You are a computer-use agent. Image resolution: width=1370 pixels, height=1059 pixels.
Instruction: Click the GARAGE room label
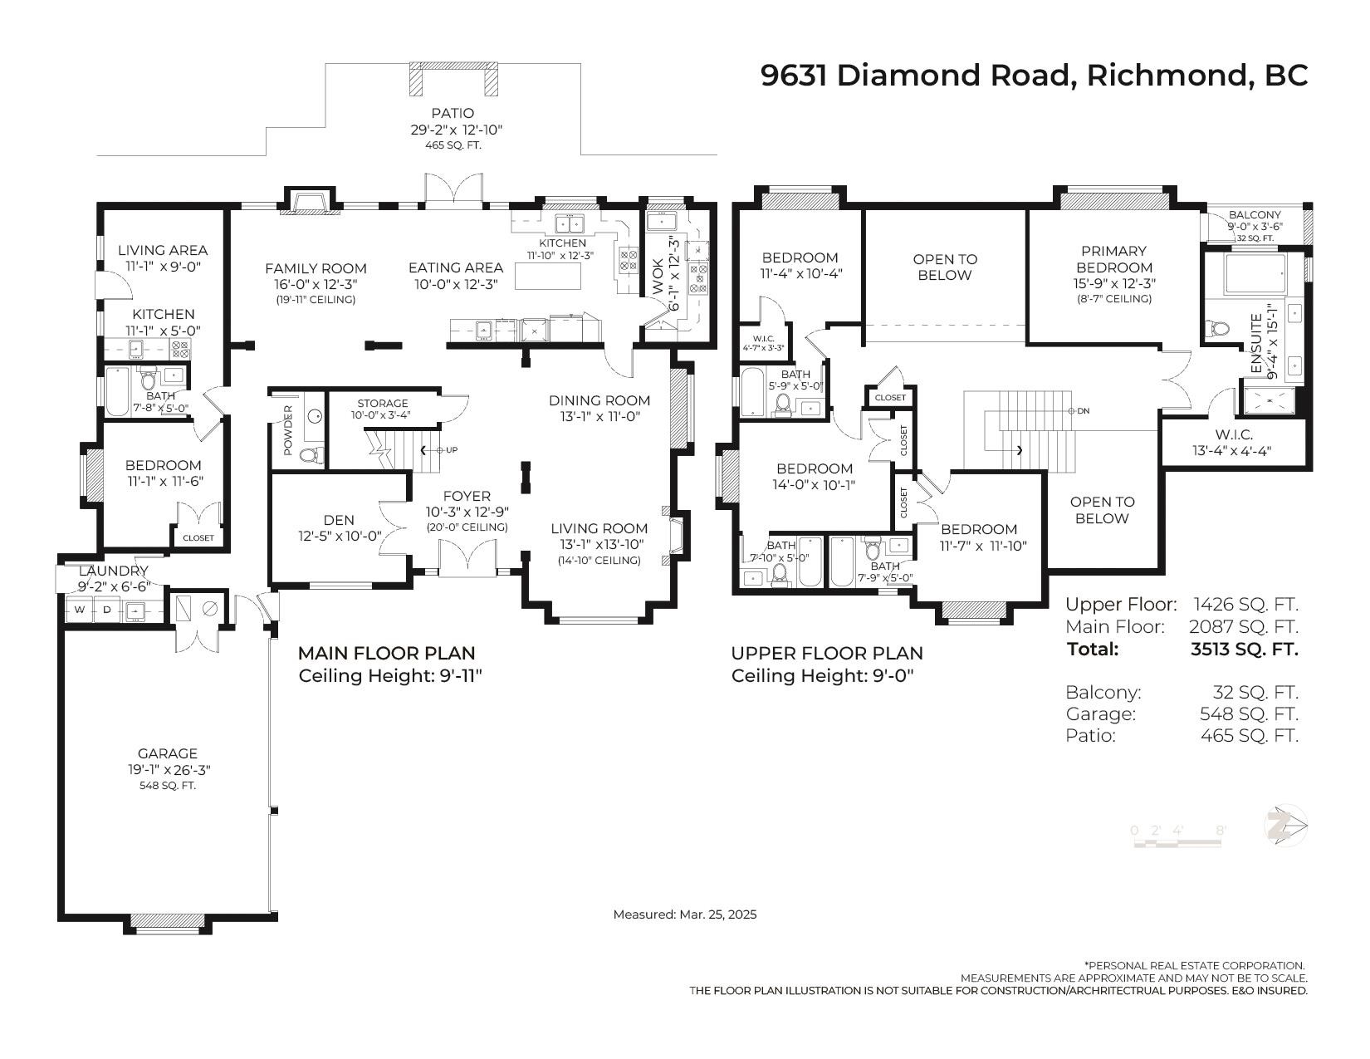[168, 753]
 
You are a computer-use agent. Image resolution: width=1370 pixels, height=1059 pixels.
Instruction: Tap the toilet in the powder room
[311, 454]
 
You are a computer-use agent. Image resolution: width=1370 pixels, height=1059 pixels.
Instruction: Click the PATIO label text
[453, 114]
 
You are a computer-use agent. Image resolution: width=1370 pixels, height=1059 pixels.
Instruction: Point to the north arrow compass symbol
[1284, 826]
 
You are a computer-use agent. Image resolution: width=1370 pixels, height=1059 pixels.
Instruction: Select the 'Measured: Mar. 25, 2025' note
[685, 914]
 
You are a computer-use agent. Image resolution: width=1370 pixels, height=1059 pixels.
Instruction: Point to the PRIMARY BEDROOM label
[1114, 259]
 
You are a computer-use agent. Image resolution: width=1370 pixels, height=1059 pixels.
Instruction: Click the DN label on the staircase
[1084, 411]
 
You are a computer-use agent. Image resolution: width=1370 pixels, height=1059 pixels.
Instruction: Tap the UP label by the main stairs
[452, 450]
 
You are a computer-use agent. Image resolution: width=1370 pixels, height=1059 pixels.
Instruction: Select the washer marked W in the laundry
[80, 610]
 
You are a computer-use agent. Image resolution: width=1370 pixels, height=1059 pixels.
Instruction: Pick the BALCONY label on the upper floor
[1255, 215]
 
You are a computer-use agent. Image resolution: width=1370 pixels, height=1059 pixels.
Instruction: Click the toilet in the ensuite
[1218, 328]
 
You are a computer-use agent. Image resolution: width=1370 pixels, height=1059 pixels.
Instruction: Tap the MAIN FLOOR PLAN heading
[386, 653]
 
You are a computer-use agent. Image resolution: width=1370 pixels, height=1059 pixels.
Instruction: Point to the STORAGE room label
[383, 404]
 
